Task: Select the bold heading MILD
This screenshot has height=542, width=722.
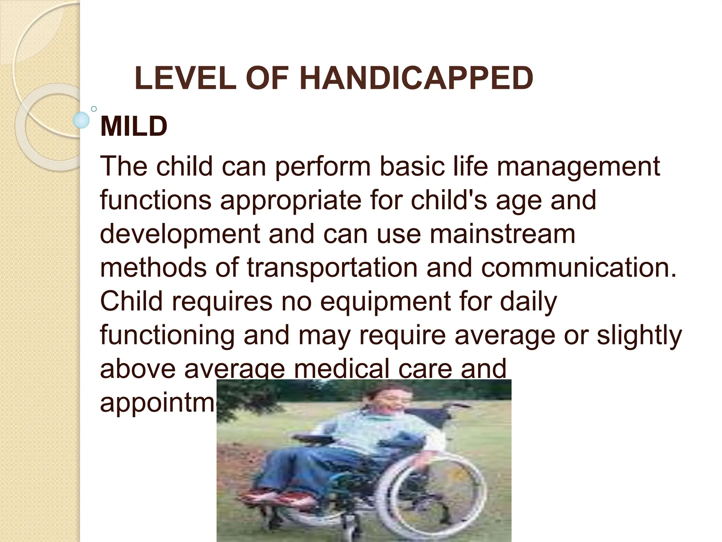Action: [134, 126]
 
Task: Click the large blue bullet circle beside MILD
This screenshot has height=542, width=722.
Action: [81, 120]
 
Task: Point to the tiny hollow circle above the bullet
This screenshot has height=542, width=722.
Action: [94, 109]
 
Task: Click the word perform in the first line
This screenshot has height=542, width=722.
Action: [323, 167]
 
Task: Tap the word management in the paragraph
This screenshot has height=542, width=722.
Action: [578, 167]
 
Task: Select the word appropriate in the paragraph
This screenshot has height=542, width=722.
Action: [291, 200]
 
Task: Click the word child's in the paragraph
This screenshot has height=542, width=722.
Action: [449, 200]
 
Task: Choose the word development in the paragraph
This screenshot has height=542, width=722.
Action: [180, 234]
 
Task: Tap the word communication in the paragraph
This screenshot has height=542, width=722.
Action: [579, 267]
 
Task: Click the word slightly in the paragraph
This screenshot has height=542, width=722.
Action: [639, 335]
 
